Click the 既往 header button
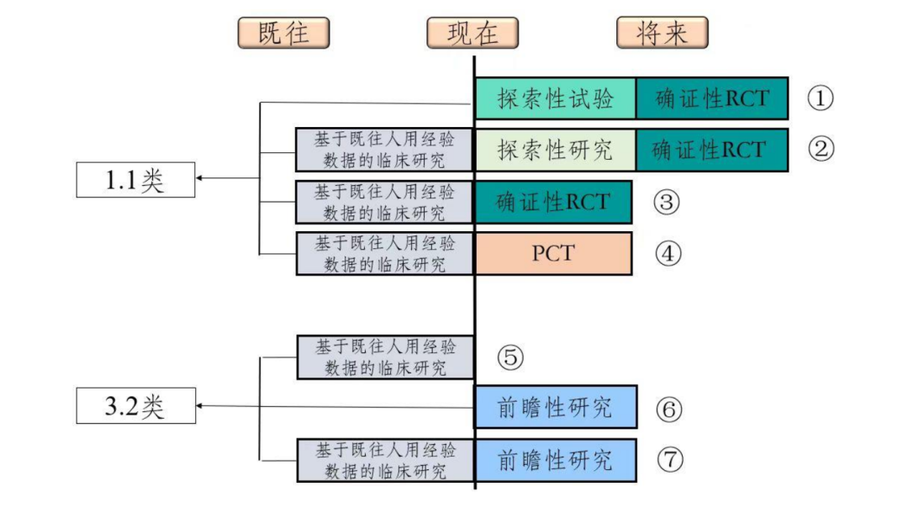tap(283, 33)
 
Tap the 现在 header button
tap(472, 33)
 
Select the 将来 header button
tap(662, 33)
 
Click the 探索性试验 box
tap(555, 98)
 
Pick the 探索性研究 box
tap(555, 150)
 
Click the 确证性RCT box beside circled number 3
tap(552, 202)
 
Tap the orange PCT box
tap(553, 253)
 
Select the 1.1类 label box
tap(135, 179)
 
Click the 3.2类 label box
tap(135, 406)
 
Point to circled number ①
tap(820, 98)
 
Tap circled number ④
tap(668, 254)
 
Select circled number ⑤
tap(509, 357)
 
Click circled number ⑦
tap(669, 460)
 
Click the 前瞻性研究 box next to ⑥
tap(555, 408)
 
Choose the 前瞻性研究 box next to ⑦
tap(555, 460)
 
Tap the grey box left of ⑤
tap(385, 357)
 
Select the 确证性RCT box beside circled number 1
tap(711, 98)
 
